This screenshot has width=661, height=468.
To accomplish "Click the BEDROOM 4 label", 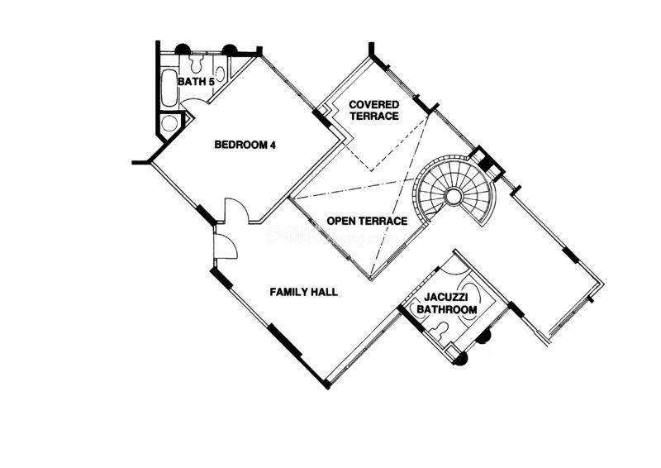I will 244,145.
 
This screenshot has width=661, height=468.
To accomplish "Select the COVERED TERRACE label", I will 373,110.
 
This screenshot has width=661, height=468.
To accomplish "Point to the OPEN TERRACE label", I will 367,222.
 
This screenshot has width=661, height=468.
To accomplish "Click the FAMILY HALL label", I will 304,292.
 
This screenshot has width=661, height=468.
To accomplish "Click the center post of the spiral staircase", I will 453,195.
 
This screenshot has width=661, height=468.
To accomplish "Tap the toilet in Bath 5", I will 197,63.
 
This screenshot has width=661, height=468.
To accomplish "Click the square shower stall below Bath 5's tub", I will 169,123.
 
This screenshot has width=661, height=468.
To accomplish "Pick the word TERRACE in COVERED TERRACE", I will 373,117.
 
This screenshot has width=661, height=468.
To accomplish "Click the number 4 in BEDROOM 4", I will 272,145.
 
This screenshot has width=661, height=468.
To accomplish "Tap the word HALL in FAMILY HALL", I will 323,292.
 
